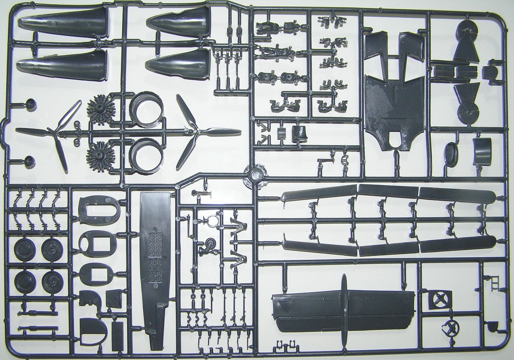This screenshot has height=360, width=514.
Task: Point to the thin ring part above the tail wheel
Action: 212,221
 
